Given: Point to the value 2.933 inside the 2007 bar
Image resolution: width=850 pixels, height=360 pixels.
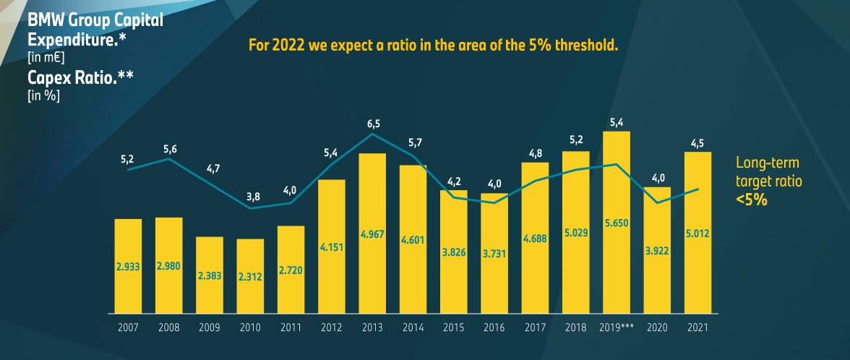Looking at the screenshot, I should [x=128, y=265].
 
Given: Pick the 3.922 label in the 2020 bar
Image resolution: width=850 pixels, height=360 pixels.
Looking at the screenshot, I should [x=658, y=250].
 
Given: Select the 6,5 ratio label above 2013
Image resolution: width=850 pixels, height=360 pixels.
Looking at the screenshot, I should [x=373, y=124].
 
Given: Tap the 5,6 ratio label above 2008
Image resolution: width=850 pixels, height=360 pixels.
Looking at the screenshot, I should [x=170, y=149].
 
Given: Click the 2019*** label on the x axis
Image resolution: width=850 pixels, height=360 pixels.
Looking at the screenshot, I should [x=617, y=327].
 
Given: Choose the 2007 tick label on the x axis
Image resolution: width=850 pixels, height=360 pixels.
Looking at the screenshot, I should [x=128, y=327].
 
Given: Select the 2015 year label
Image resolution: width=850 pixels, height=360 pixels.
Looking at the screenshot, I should [x=454, y=327].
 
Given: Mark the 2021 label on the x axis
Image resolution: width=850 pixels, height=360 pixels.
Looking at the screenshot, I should [x=698, y=327].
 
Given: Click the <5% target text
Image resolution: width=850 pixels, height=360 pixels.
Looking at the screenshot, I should [x=751, y=200].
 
